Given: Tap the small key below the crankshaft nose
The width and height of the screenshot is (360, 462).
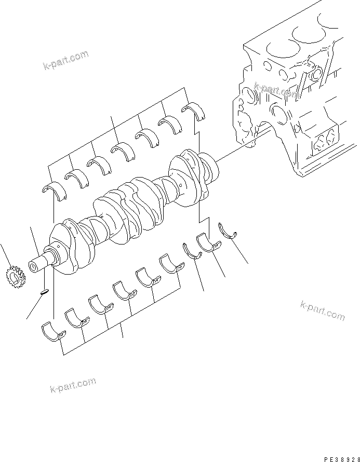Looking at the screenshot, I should click(45, 292).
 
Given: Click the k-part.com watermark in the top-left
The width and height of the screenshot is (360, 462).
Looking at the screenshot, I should click(66, 61).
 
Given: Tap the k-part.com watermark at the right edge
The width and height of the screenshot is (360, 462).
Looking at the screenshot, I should click(322, 310).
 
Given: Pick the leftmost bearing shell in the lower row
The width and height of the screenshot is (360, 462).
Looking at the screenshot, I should click(52, 332).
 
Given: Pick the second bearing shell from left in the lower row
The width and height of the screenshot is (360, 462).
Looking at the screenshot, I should click(76, 318).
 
